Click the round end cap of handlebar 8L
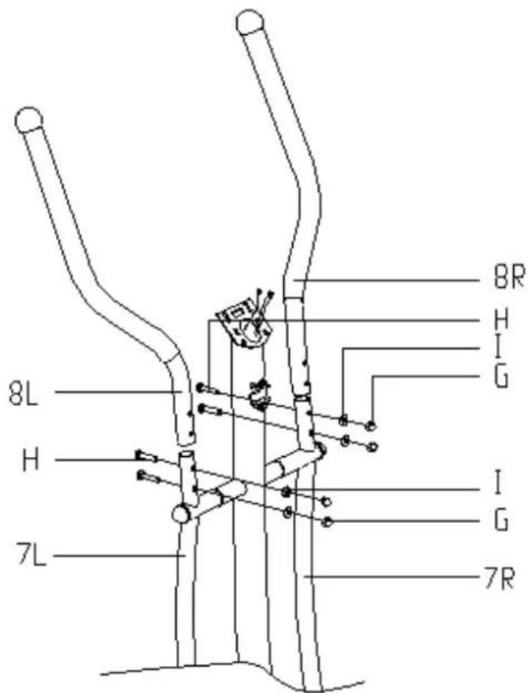pos(28,118)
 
